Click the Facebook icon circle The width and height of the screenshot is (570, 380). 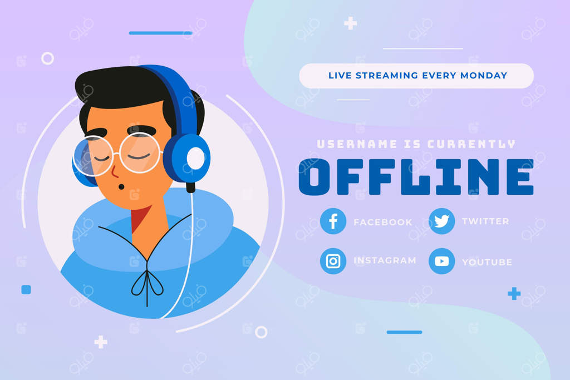[x=333, y=221]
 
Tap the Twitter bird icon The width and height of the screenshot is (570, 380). [x=441, y=221]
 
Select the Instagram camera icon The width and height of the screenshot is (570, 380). [x=333, y=261]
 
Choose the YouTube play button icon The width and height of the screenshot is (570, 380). [x=441, y=261]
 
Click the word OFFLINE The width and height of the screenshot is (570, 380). [x=416, y=177]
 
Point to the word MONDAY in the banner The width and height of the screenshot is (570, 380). [x=484, y=76]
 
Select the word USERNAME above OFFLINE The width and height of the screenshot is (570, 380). [x=357, y=144]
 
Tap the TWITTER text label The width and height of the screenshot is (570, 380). [x=485, y=221]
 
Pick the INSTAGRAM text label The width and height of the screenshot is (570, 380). [x=385, y=260]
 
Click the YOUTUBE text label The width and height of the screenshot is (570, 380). [x=487, y=262]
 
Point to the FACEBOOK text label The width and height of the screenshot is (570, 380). [x=383, y=222]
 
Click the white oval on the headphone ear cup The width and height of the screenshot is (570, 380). [x=196, y=159]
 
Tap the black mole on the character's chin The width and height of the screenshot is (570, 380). [x=121, y=187]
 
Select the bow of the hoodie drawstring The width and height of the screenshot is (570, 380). [x=147, y=283]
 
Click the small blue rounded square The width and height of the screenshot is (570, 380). [x=26, y=289]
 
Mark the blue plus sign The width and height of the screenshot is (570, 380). [x=514, y=294]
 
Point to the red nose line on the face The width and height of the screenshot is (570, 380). [x=115, y=172]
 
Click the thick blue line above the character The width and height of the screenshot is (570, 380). [x=160, y=33]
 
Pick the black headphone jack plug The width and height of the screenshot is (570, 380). [x=191, y=187]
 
